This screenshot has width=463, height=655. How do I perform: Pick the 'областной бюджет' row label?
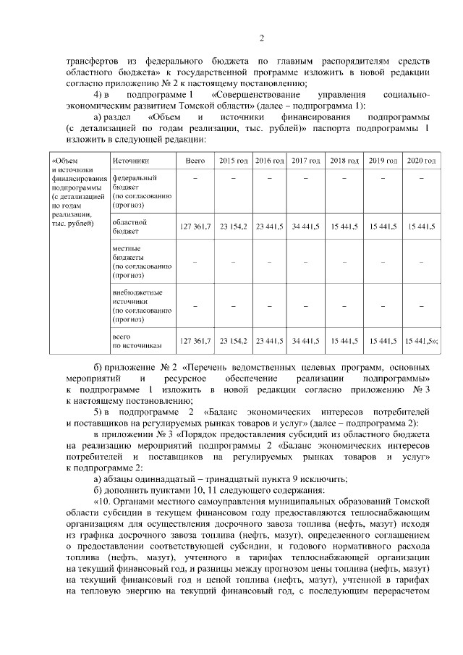[x=130, y=227]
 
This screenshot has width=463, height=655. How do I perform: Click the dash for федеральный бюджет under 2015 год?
[x=234, y=178]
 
